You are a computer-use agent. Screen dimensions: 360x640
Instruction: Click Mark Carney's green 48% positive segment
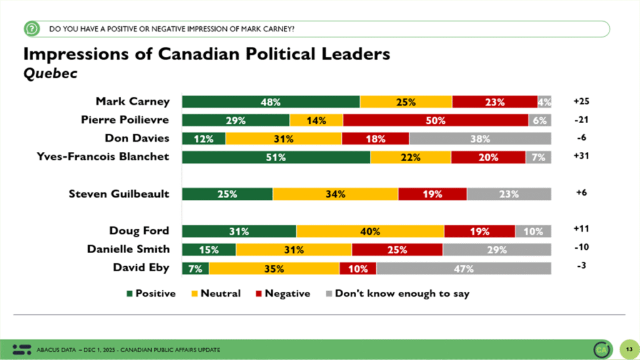coord(271,102)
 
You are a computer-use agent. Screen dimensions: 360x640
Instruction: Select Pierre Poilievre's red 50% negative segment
coord(436,120)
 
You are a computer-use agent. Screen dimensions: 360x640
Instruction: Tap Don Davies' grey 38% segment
coord(480,138)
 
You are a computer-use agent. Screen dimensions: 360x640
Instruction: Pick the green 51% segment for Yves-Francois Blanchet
coord(276,157)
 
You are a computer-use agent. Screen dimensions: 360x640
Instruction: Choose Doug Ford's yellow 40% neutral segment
coord(370,231)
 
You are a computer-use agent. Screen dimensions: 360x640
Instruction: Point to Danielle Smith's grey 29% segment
coord(497,249)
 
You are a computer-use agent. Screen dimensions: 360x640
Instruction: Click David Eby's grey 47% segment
coord(464,268)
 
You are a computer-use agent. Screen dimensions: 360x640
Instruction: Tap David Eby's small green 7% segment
coord(196,268)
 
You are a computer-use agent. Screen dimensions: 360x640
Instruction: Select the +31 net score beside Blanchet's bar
coord(581,156)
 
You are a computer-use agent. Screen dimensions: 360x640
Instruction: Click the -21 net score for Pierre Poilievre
coord(581,119)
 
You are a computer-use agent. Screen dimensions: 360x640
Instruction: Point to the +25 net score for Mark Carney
coord(581,101)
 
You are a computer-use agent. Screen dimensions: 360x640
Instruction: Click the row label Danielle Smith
coord(128,249)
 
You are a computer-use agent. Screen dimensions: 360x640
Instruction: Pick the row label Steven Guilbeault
coord(119,194)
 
